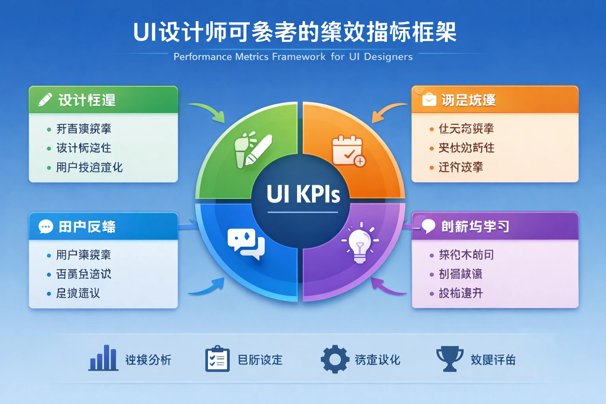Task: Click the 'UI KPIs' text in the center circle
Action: [x=303, y=194]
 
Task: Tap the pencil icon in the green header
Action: [x=45, y=100]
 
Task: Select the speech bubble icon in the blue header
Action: [x=46, y=226]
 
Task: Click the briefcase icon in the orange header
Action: [x=429, y=100]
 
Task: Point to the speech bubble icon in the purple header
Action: [x=428, y=226]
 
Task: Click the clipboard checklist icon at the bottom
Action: [x=217, y=359]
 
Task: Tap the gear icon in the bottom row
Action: [x=335, y=359]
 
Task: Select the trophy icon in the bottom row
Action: [x=450, y=358]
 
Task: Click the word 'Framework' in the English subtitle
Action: [x=299, y=57]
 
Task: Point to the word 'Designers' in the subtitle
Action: [x=388, y=57]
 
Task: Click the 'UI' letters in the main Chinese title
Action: [x=145, y=32]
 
